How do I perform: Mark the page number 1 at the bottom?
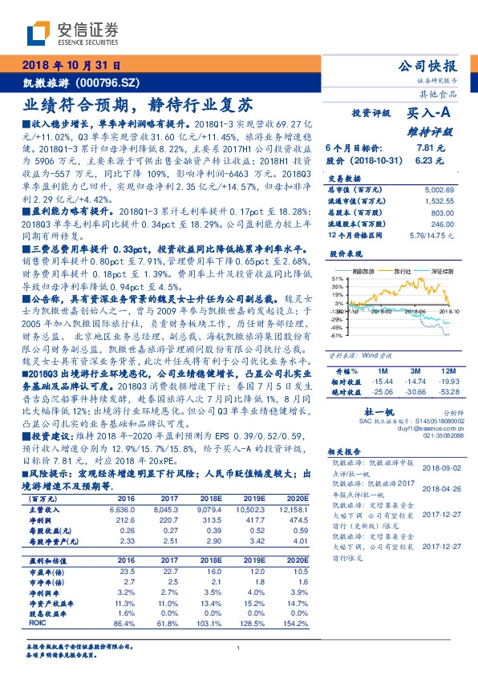tap(239, 648)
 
